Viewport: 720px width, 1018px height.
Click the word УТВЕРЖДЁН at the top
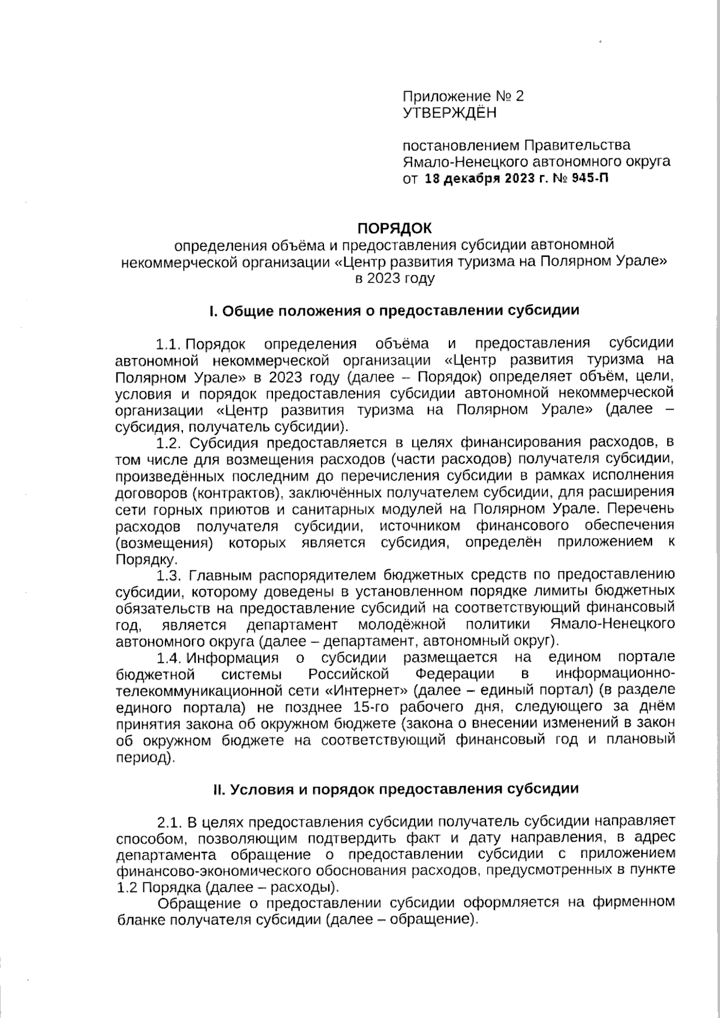click(449, 112)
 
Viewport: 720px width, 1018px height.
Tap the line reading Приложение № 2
click(463, 96)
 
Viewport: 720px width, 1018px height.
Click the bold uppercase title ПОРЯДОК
click(394, 228)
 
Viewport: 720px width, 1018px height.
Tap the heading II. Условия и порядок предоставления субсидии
click(397, 789)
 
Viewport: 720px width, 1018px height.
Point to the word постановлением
click(461, 145)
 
